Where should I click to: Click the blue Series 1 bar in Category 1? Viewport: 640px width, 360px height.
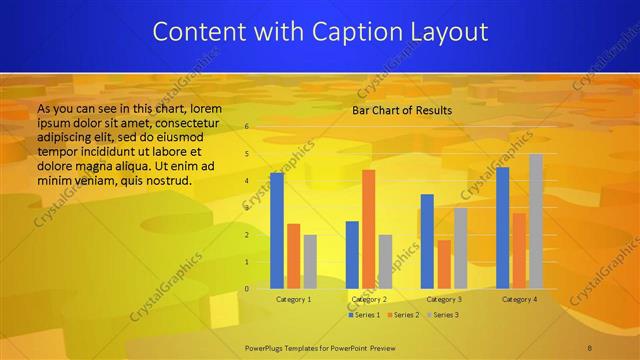pos(277,231)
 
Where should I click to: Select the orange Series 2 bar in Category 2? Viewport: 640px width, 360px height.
pos(368,229)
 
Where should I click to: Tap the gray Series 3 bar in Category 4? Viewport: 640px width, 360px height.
pos(536,221)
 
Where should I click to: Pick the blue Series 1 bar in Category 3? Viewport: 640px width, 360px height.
pos(427,241)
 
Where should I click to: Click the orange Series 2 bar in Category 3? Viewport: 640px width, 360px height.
pos(444,264)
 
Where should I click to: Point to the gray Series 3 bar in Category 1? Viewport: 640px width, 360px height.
pos(310,262)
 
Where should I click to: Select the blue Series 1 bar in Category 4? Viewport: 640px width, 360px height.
pos(502,228)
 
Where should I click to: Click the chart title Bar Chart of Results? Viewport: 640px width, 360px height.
pos(402,110)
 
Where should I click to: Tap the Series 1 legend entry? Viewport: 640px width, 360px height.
pos(365,315)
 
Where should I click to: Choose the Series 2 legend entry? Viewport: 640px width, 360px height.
pos(403,315)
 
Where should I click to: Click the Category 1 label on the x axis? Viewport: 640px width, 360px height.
pos(293,299)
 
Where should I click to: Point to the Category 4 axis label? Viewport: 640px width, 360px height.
pos(519,299)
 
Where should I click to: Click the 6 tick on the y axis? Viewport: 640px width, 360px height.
pos(247,127)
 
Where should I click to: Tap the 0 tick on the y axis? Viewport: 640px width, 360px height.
pos(247,289)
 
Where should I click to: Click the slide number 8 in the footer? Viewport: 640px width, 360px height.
pos(591,346)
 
